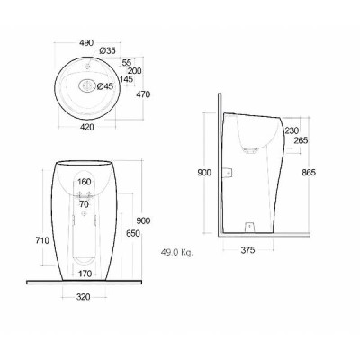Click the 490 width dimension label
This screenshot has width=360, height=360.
(x=86, y=43)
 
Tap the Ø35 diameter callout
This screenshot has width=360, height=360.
(x=107, y=51)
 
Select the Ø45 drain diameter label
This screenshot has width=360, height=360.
(x=105, y=86)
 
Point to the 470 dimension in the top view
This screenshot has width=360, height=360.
(x=143, y=94)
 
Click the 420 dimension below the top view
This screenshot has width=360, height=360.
(x=87, y=127)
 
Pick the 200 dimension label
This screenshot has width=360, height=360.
(x=134, y=71)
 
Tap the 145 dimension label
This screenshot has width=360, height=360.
(x=126, y=79)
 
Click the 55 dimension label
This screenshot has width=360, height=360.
(x=127, y=63)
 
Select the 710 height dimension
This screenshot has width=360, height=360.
(x=42, y=240)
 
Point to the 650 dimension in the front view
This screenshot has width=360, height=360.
(x=132, y=233)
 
